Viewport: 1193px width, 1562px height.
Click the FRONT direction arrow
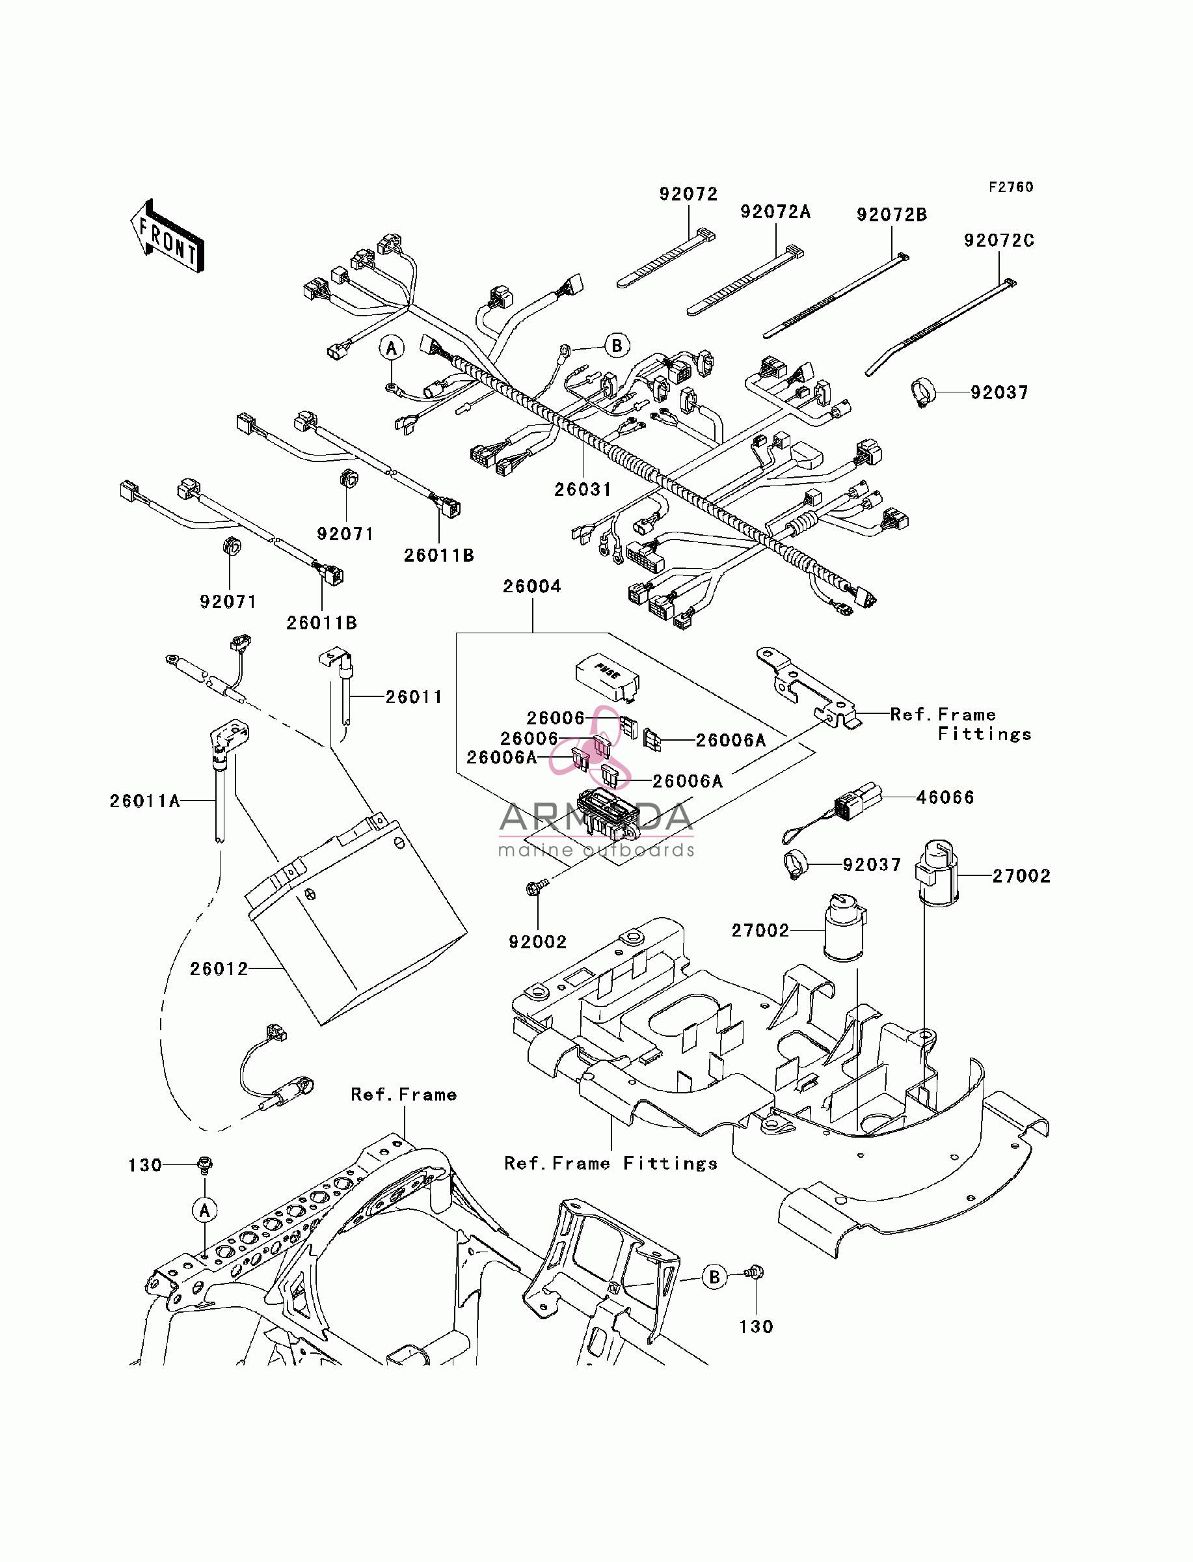coord(168,236)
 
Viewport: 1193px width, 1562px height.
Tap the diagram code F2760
coord(1012,187)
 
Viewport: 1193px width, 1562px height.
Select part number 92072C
coord(999,241)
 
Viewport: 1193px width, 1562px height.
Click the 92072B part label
coord(891,215)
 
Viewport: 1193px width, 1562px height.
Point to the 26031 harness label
coord(582,489)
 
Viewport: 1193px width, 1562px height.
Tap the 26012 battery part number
coord(219,969)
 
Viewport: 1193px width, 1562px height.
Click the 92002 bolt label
coord(537,942)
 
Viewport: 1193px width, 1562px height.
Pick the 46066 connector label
coord(945,798)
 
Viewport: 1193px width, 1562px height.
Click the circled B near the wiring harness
coord(617,346)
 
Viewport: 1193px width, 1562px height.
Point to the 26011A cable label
coord(145,801)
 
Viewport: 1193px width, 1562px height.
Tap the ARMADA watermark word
coord(596,818)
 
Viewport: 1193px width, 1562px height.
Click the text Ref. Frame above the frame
coord(403,1095)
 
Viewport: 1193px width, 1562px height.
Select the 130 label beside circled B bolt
coord(756,1327)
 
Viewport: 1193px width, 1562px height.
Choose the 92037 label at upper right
coord(999,393)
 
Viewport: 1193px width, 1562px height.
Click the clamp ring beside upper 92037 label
coord(923,393)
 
